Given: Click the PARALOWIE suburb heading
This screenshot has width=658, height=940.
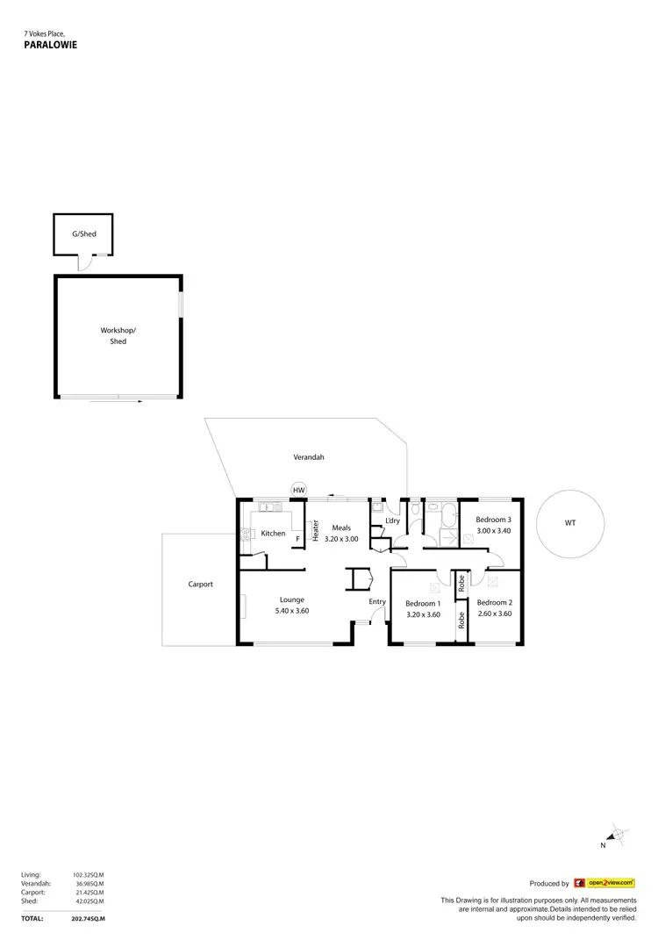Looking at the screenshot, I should pos(51,43).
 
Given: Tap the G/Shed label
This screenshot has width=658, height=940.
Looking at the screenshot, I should pos(84,234).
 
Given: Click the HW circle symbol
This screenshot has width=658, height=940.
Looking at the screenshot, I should pos(298,490).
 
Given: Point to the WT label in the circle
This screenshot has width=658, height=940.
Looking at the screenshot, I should pos(570,523).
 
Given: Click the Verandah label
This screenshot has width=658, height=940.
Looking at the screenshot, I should pos(309,457).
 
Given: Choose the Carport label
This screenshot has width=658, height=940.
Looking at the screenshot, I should pos(201,584).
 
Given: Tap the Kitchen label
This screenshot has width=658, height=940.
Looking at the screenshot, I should pos(273,534).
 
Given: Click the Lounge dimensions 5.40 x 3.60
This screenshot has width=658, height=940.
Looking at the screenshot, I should pos(292,611).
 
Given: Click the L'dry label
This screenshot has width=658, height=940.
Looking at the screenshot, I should pos(392,521).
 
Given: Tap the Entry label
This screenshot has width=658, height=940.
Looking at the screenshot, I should pos(377,601).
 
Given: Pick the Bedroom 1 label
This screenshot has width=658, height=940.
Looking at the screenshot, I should pos(422,603).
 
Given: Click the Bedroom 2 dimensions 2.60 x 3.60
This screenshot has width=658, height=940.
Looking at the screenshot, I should pos(494,614).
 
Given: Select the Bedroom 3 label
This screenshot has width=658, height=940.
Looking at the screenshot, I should pos(493,520).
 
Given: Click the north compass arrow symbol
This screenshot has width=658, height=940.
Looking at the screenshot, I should pos(617,835).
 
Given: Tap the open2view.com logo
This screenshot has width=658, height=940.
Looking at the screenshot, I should pos(611,883).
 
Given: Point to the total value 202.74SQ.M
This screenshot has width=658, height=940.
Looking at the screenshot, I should pos(88,918).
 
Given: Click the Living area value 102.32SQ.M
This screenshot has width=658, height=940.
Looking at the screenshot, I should pos(88,875).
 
